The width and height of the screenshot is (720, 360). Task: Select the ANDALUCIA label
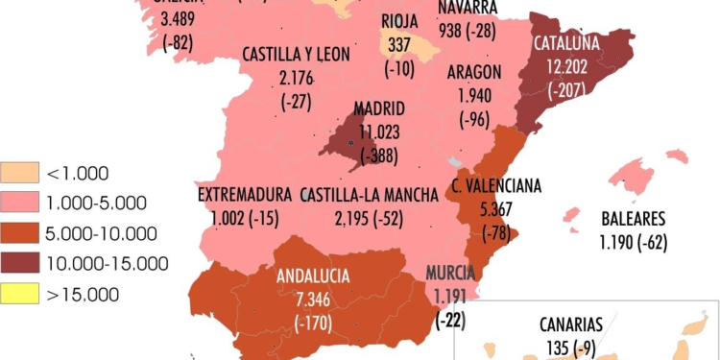tap(314, 276)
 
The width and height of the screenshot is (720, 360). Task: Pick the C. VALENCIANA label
tap(496, 185)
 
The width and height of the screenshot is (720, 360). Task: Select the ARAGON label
tap(474, 73)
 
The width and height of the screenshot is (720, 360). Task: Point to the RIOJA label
tap(399, 21)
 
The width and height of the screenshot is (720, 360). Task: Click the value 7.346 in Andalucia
tap(314, 299)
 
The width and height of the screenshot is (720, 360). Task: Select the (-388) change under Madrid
tap(379, 154)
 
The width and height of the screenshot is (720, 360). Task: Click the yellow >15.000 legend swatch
tap(20, 293)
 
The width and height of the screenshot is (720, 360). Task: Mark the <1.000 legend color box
tap(20, 173)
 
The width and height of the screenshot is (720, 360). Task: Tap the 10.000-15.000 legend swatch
tap(20, 263)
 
